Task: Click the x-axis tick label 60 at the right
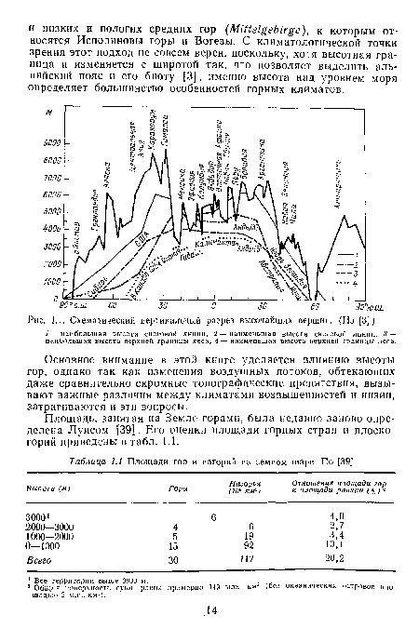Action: [x=314, y=304]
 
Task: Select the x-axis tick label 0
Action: [x=212, y=304]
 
